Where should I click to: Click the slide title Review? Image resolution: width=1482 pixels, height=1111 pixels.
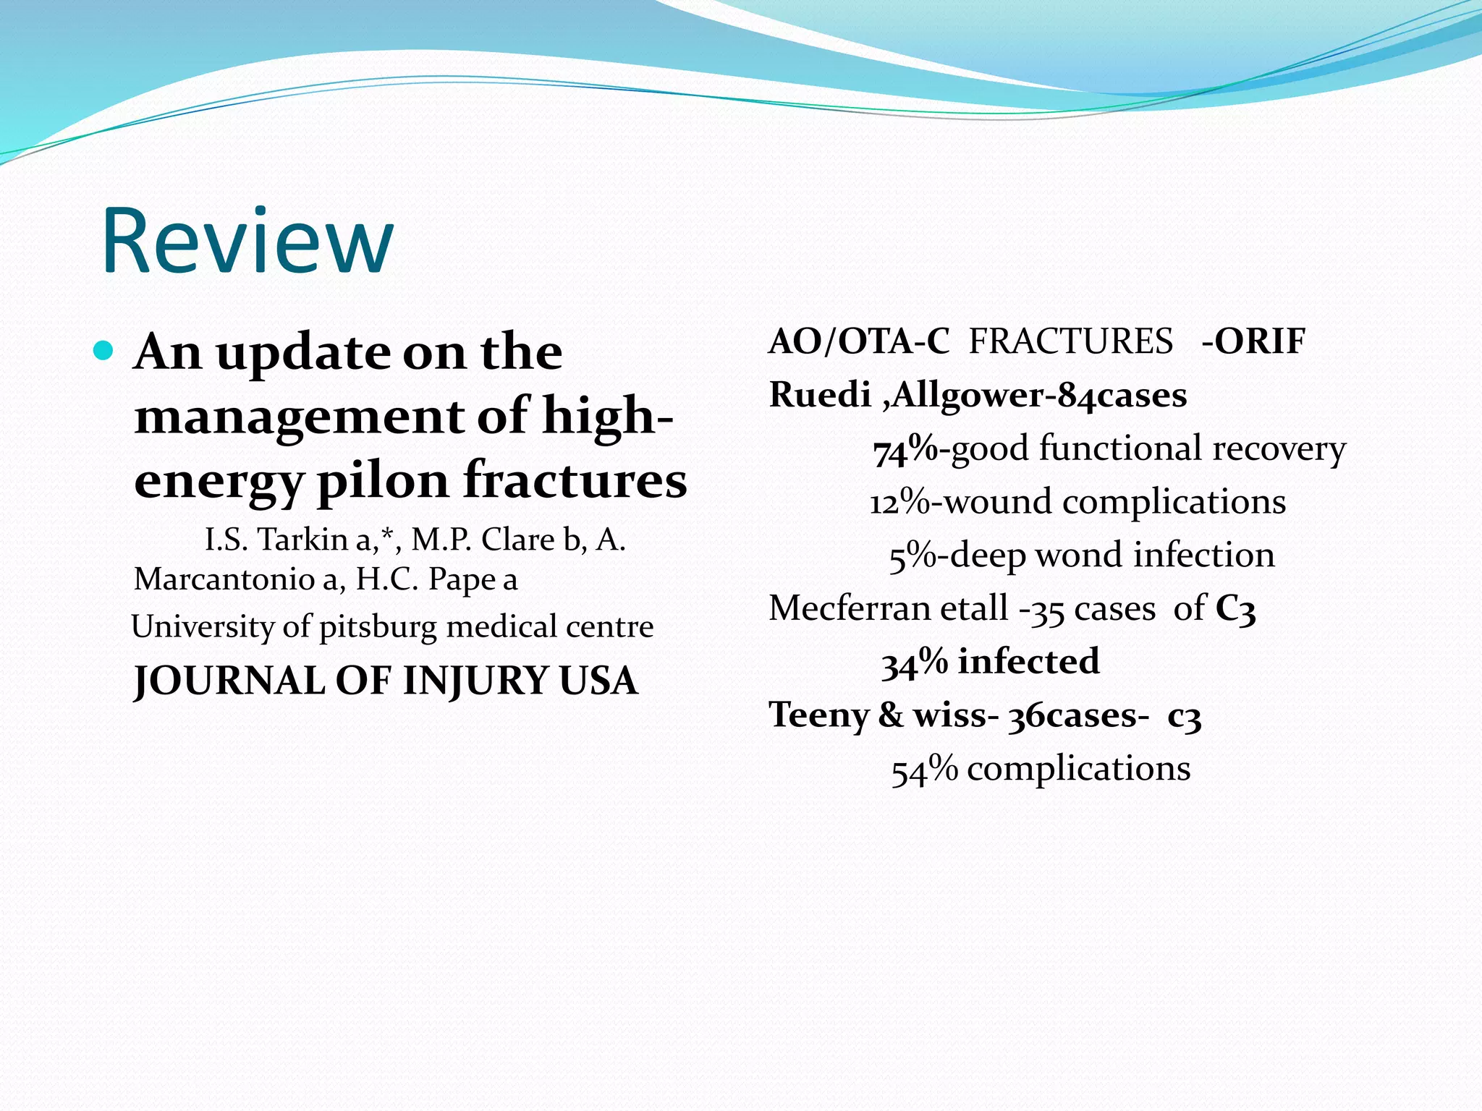[247, 242]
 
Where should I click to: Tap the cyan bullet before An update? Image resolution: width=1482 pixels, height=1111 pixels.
[104, 352]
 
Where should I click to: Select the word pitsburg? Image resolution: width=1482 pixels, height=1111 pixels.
[378, 626]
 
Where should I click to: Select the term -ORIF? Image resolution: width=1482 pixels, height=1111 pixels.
[1253, 341]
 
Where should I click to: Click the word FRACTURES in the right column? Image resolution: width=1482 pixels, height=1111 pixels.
[1071, 341]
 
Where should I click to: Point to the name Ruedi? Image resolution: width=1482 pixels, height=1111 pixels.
[819, 395]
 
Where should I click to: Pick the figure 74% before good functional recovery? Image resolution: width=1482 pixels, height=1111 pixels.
[905, 450]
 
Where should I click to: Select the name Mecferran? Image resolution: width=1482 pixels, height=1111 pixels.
[851, 608]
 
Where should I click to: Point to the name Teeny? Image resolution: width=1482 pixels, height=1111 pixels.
[818, 715]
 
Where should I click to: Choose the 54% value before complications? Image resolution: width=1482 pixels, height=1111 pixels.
[924, 769]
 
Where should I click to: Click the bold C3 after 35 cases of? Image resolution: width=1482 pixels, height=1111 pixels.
[1235, 608]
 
